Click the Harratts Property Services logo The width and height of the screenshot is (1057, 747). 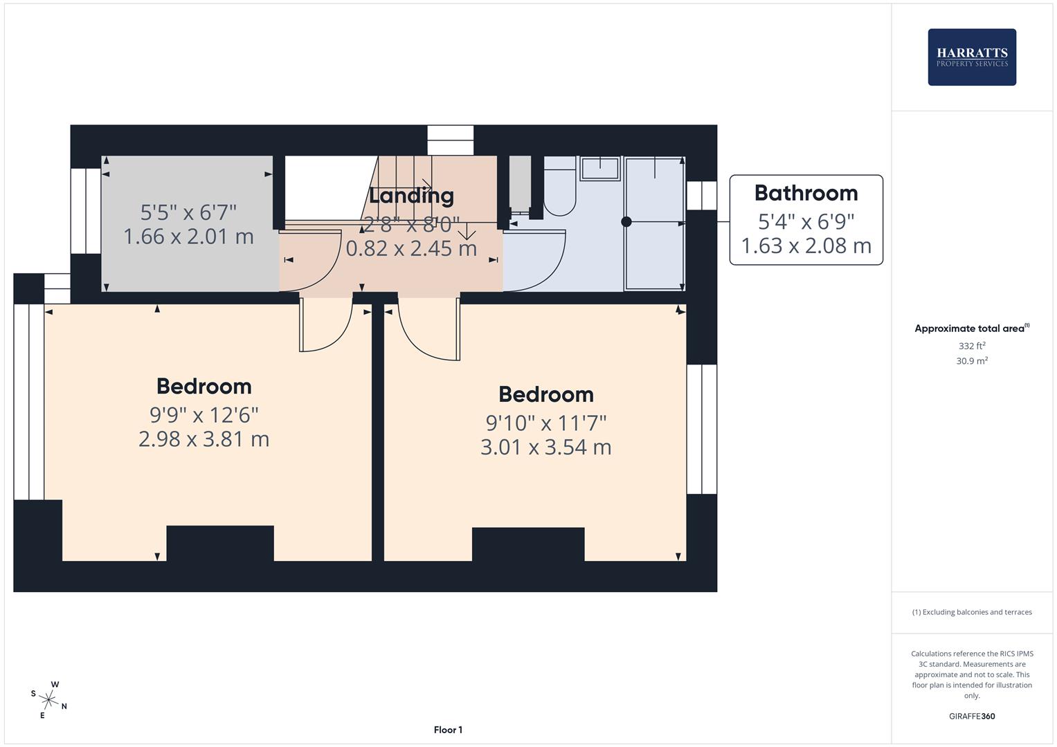(971, 57)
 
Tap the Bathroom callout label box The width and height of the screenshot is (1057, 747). (806, 219)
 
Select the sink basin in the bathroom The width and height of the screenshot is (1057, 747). (599, 168)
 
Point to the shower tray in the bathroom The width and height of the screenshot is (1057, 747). (653, 223)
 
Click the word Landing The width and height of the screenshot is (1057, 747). (411, 196)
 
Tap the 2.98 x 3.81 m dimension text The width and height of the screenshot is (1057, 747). (204, 439)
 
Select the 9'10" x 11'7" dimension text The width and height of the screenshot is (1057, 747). (545, 422)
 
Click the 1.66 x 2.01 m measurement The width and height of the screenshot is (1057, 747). (188, 237)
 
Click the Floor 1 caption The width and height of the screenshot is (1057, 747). (448, 730)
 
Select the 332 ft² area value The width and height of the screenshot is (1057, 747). (971, 346)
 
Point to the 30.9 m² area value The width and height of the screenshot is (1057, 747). (971, 361)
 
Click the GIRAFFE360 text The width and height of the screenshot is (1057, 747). (971, 717)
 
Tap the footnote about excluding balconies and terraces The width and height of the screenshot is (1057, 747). (971, 612)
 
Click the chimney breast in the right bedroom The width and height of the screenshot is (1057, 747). (528, 544)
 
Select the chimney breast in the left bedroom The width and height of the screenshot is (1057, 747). (220, 543)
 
